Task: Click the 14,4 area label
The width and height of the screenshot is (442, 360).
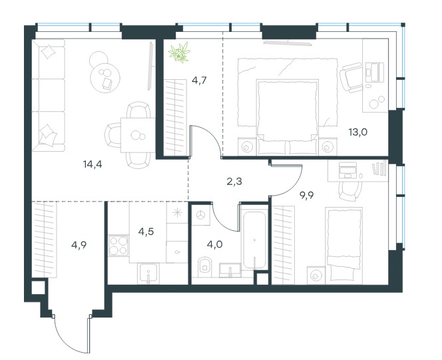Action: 93,164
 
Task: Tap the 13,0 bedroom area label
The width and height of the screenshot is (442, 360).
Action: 357,132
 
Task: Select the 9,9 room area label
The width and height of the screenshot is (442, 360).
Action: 306,195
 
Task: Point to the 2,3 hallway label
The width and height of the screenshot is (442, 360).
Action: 234,182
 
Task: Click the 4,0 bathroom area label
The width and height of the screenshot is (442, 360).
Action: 214,244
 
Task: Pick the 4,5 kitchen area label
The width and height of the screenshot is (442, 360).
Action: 146,232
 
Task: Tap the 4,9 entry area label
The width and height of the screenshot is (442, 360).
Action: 79,246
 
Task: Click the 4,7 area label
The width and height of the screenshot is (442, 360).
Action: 199,81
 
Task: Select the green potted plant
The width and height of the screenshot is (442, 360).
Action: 179,52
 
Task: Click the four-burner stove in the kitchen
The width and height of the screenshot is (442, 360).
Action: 118,246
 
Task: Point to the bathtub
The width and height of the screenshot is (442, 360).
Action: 254,240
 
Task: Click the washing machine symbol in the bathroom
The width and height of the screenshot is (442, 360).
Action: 201,215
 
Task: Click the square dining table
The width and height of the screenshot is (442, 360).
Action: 138,136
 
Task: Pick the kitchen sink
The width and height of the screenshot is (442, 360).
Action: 148,273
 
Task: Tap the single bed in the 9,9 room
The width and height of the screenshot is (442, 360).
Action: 343,246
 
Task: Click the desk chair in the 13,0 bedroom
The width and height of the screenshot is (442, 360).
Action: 351,77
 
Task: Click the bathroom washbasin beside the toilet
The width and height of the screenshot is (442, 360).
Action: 230,270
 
